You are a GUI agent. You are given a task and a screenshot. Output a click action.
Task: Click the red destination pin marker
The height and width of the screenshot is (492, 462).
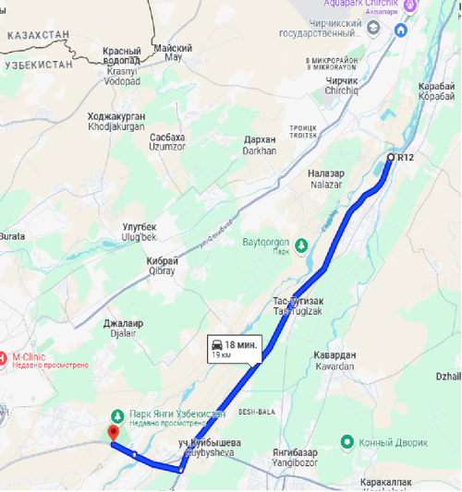click(x=114, y=432)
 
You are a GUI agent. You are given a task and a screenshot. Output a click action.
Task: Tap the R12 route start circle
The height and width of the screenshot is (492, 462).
click(x=391, y=158)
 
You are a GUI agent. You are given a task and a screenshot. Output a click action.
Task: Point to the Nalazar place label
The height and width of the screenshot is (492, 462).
click(x=325, y=177)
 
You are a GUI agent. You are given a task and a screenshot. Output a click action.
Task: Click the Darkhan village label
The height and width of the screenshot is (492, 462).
click(x=260, y=146)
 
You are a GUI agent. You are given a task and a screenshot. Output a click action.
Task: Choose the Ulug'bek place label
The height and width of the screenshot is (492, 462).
click(x=140, y=232)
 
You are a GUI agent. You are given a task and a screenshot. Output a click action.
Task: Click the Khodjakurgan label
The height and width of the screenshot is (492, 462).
click(x=116, y=122)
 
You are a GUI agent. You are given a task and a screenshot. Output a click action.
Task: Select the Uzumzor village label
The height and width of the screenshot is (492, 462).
click(x=167, y=141)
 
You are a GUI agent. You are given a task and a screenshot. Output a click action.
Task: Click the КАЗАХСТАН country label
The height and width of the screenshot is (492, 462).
click(x=38, y=34)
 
